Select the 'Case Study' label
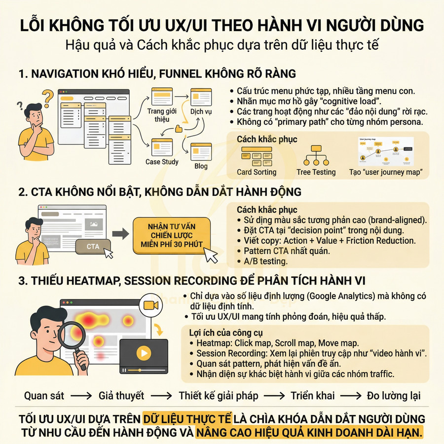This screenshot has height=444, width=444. click(x=162, y=162)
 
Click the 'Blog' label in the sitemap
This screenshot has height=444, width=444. click(x=201, y=166)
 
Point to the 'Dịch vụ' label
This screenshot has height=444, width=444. click(x=201, y=111)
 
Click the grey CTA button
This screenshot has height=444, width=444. click(x=92, y=246)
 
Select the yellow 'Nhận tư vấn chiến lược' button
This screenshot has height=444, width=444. click(x=172, y=236)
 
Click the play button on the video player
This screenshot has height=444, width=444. click(x=144, y=353)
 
